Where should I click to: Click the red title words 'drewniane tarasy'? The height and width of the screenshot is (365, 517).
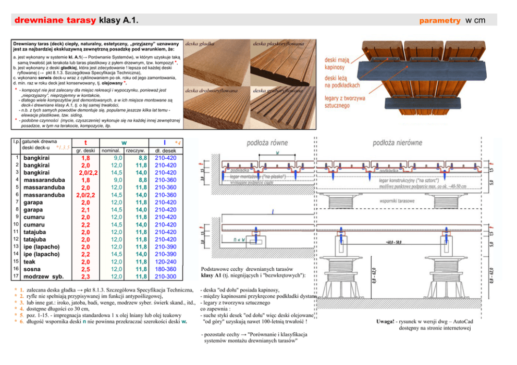[56, 20]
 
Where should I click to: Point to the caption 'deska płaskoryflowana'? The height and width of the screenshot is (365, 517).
[278, 44]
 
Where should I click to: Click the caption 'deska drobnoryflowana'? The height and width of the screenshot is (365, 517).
[212, 90]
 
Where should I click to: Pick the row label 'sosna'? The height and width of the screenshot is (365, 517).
[34, 269]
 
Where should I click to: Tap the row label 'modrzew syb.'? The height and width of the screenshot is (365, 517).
[43, 276]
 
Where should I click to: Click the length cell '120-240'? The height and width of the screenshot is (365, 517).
[166, 261]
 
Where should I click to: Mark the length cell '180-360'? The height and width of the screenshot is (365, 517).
[166, 269]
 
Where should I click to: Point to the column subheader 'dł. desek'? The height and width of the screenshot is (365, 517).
[165, 150]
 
